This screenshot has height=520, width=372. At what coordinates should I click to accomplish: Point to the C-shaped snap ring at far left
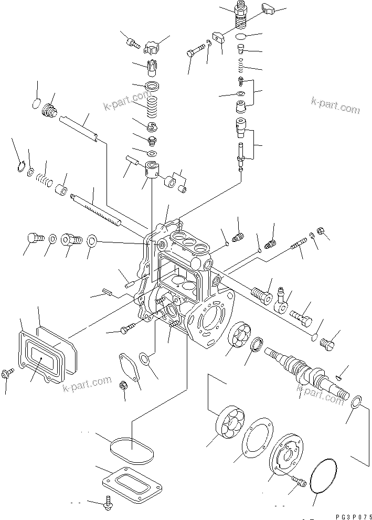pos(20,166)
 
